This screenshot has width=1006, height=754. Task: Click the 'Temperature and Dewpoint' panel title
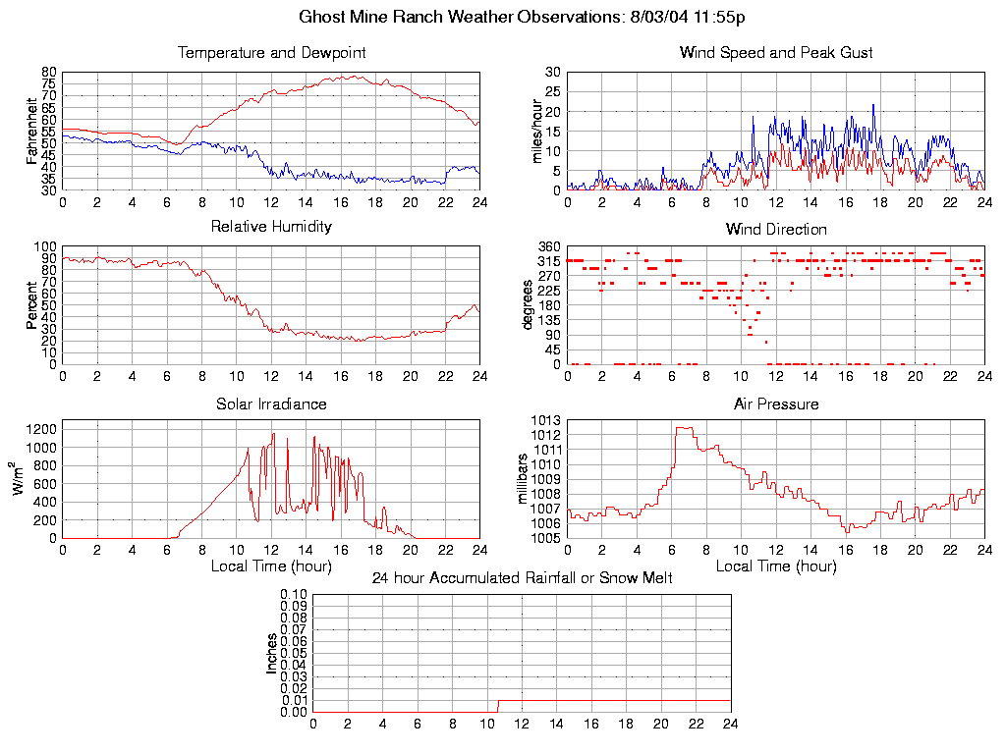pos(271,53)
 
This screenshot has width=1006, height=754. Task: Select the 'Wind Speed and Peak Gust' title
pos(776,53)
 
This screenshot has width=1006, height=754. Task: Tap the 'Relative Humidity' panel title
pos(271,227)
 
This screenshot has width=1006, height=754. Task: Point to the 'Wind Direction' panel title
pos(776,230)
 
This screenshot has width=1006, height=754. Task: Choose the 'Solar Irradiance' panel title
pos(271,404)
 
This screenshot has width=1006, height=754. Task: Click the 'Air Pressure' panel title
pos(776,404)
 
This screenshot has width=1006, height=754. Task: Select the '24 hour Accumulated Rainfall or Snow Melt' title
pos(522,578)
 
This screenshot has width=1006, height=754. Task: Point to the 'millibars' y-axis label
pos(524,479)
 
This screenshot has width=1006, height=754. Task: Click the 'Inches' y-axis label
pos(272,653)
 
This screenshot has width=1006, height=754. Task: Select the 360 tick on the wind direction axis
pos(548,246)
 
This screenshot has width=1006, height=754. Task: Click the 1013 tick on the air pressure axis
pos(545,420)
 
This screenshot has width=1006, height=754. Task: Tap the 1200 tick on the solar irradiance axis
pos(42,428)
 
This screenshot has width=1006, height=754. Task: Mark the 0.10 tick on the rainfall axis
pos(294,594)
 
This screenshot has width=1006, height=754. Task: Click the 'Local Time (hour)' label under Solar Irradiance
pos(271,566)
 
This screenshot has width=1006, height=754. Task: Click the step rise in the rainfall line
pos(498,705)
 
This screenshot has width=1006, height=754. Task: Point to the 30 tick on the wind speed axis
pos(552,73)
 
